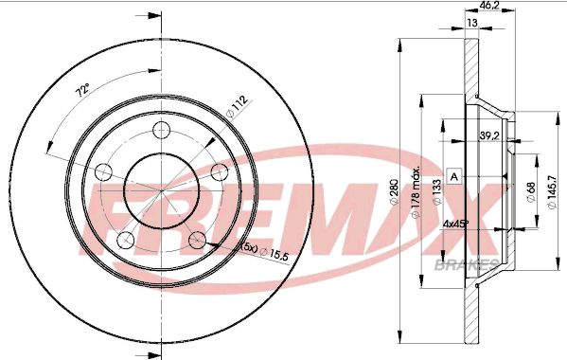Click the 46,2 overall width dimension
pos(490,6)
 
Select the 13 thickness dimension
pos(470,22)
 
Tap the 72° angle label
pos(83,91)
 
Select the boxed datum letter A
pos(454,177)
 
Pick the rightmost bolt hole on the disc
pos(221,171)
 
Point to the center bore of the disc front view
pos(161,189)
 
